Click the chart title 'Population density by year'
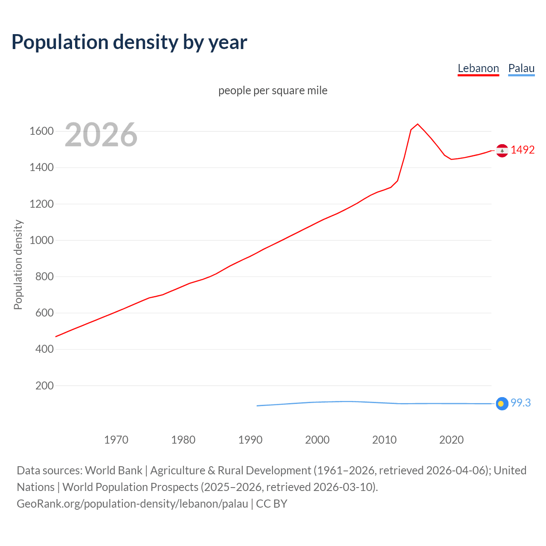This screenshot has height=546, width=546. (129, 42)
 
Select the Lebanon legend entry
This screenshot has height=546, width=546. (478, 68)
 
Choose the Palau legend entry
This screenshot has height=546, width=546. (521, 68)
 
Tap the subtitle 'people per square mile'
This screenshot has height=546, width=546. (273, 90)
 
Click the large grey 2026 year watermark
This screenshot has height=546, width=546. (101, 135)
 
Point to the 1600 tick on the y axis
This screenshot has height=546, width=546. (41, 131)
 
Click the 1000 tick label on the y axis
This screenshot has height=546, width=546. (41, 240)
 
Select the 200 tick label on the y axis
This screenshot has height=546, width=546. (44, 386)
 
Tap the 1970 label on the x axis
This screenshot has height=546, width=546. (116, 440)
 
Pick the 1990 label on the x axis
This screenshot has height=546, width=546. (250, 440)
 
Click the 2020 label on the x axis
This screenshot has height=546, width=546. (451, 440)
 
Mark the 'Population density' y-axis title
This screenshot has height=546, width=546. (18, 264)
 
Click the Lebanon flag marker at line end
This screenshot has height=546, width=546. (502, 151)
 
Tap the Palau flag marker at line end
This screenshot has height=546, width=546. (502, 404)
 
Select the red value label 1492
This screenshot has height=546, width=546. (523, 150)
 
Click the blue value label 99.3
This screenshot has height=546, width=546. (520, 403)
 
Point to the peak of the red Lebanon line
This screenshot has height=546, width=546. (418, 124)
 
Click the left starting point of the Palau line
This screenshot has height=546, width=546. (257, 406)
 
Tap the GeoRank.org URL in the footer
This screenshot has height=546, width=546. (132, 503)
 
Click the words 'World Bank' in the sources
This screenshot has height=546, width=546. (113, 470)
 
